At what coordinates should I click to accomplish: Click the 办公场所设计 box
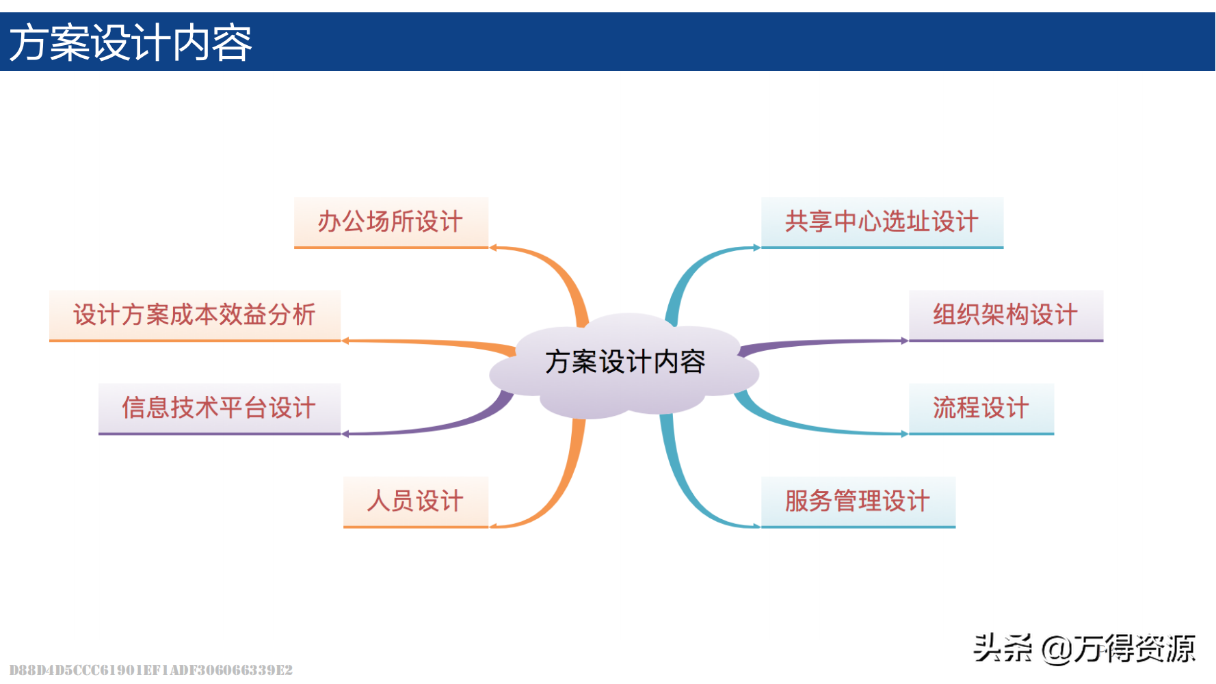[x=391, y=222]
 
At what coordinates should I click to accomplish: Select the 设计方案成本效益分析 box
[x=194, y=315]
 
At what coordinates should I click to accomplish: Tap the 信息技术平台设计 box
[x=219, y=408]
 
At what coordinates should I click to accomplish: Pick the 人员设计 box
[x=415, y=501]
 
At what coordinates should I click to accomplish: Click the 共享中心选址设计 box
[x=882, y=222]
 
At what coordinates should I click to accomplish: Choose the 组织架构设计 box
[x=1005, y=315]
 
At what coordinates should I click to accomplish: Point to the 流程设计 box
[x=981, y=408]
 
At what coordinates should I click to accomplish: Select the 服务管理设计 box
[x=858, y=501]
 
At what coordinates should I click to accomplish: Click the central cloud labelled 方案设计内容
[x=624, y=363]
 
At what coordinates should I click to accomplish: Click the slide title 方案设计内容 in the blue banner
[x=131, y=42]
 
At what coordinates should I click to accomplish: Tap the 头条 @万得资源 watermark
[x=1084, y=648]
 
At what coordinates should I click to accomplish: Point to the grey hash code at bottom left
[x=150, y=670]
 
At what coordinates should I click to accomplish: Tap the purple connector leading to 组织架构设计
[x=821, y=342]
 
